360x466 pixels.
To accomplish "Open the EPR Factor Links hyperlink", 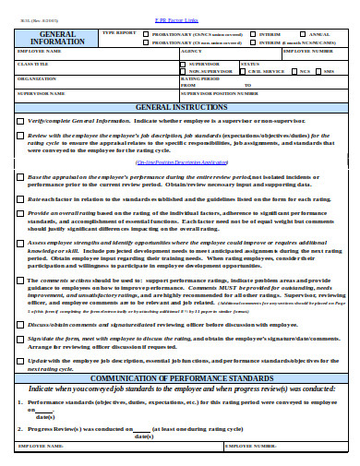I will [x=180, y=6].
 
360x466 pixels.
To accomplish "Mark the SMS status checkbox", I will [x=318, y=70].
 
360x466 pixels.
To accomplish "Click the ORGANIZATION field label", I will [x=36, y=78].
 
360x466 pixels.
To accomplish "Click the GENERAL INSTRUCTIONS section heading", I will [x=180, y=108].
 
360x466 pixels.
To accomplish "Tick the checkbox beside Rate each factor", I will [x=20, y=197].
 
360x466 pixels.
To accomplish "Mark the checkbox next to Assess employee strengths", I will [x=20, y=241].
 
